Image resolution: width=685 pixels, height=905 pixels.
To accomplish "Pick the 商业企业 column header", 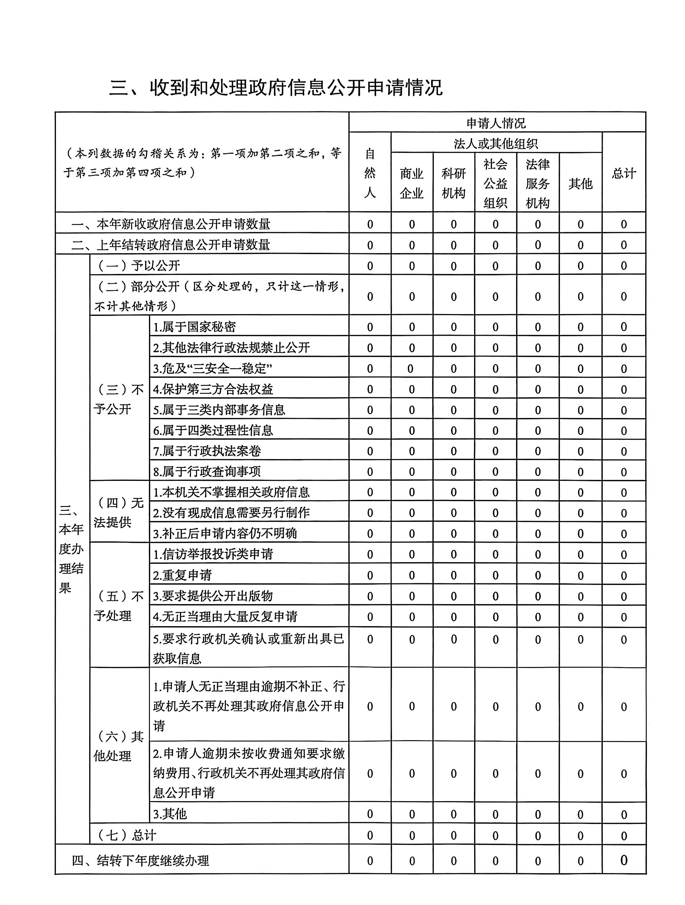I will coord(412,183).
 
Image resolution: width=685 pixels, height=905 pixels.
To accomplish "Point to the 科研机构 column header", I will coord(454,183).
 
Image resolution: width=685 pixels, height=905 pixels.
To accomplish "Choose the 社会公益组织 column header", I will coord(495,183).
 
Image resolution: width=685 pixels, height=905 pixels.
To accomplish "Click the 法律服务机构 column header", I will coord(538,183).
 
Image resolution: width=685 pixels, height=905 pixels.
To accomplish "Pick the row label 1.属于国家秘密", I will coord(194,327).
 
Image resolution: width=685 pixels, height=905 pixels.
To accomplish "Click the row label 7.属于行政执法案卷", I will coord(207,451).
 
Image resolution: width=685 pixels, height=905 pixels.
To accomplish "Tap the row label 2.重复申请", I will coord(182,575).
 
